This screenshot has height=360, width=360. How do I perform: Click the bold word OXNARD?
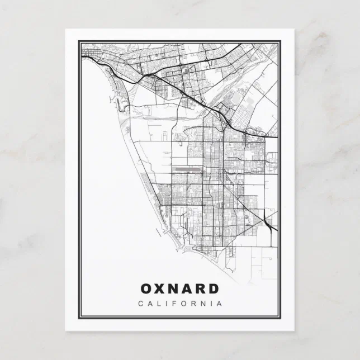click(x=179, y=288)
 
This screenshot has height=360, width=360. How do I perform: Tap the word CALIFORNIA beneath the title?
click(x=179, y=304)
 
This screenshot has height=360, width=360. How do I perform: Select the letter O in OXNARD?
click(x=146, y=288)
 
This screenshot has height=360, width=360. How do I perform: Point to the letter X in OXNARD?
click(x=160, y=288)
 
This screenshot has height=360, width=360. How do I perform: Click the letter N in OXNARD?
click(x=173, y=288)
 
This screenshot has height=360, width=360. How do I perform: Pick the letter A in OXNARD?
click(x=187, y=288)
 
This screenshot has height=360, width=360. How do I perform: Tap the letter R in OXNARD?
click(x=201, y=288)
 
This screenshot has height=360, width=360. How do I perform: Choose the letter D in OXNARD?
click(x=214, y=288)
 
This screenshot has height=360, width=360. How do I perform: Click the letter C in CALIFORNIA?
click(x=140, y=304)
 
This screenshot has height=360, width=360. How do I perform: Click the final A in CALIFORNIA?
click(x=220, y=304)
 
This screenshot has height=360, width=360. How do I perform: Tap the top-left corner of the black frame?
click(x=79, y=40)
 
